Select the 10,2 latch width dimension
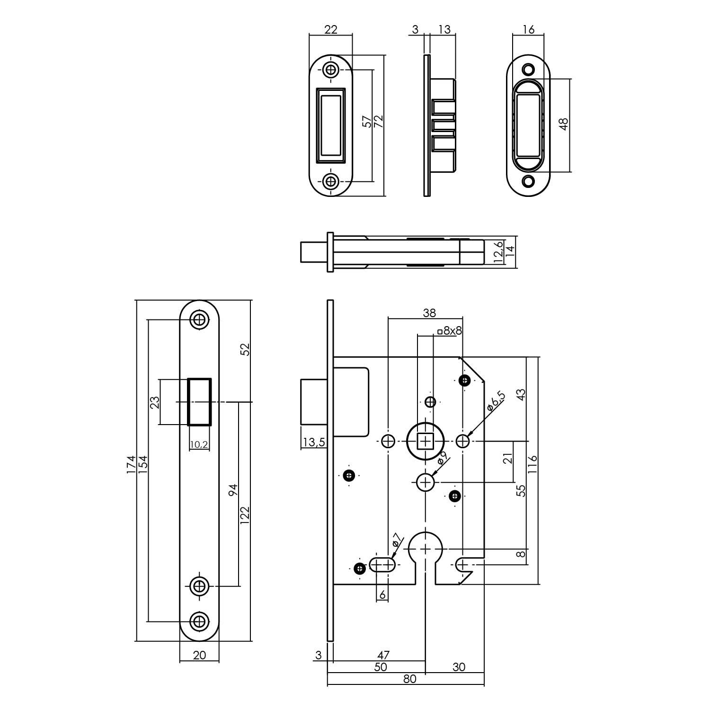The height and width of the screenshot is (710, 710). coord(199,444)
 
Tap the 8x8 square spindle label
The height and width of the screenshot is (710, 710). coord(450,331)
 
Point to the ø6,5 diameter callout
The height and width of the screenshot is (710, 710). coord(496,401)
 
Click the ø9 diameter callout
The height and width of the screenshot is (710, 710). coord(442,459)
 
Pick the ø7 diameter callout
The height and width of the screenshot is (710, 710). coord(396,541)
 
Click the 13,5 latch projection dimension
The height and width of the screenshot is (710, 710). coord(313,442)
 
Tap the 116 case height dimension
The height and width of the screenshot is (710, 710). coord(533,465)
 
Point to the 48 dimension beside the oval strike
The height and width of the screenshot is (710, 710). coord(563,124)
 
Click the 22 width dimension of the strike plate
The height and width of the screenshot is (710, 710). coord(330,29)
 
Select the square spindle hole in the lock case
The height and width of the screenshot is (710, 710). coord(426,442)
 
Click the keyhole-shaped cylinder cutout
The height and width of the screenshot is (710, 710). coord(426,554)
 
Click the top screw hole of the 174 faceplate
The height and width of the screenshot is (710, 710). coord(199,320)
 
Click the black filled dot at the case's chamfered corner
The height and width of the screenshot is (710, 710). coord(465,380)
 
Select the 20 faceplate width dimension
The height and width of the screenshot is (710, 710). coord(200,655)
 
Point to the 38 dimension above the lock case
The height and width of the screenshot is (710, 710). coord(429,313)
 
